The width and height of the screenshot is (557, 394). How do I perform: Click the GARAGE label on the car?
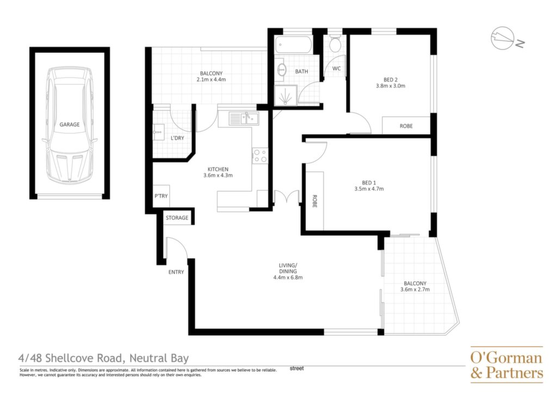(x=69, y=124)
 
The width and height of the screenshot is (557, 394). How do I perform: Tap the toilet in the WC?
(x=335, y=44)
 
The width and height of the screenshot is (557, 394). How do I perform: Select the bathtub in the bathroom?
(x=293, y=45)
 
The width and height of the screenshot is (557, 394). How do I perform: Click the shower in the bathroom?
(x=285, y=95)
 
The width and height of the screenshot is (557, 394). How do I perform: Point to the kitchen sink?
(x=244, y=118)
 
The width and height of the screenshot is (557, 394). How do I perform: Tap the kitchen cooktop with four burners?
(x=260, y=156)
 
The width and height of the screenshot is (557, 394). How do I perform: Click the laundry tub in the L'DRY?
(x=158, y=132)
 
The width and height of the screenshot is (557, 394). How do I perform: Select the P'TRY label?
(x=161, y=196)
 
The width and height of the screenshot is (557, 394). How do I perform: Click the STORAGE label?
(x=177, y=218)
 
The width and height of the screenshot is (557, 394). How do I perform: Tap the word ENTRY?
(x=176, y=272)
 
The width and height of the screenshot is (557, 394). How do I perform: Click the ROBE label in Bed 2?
(x=406, y=126)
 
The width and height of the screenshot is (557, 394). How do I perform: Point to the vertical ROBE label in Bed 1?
(x=314, y=201)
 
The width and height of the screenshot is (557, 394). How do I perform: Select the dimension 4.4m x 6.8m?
(x=288, y=278)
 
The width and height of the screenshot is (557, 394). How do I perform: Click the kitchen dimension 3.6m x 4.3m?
(x=218, y=175)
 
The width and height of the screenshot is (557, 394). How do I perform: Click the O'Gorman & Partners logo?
(x=506, y=365)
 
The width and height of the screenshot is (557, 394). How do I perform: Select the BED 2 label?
(x=391, y=79)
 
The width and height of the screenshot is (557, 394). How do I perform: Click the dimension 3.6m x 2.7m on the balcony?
(x=415, y=289)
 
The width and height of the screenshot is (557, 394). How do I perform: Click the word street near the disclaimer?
(x=296, y=368)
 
